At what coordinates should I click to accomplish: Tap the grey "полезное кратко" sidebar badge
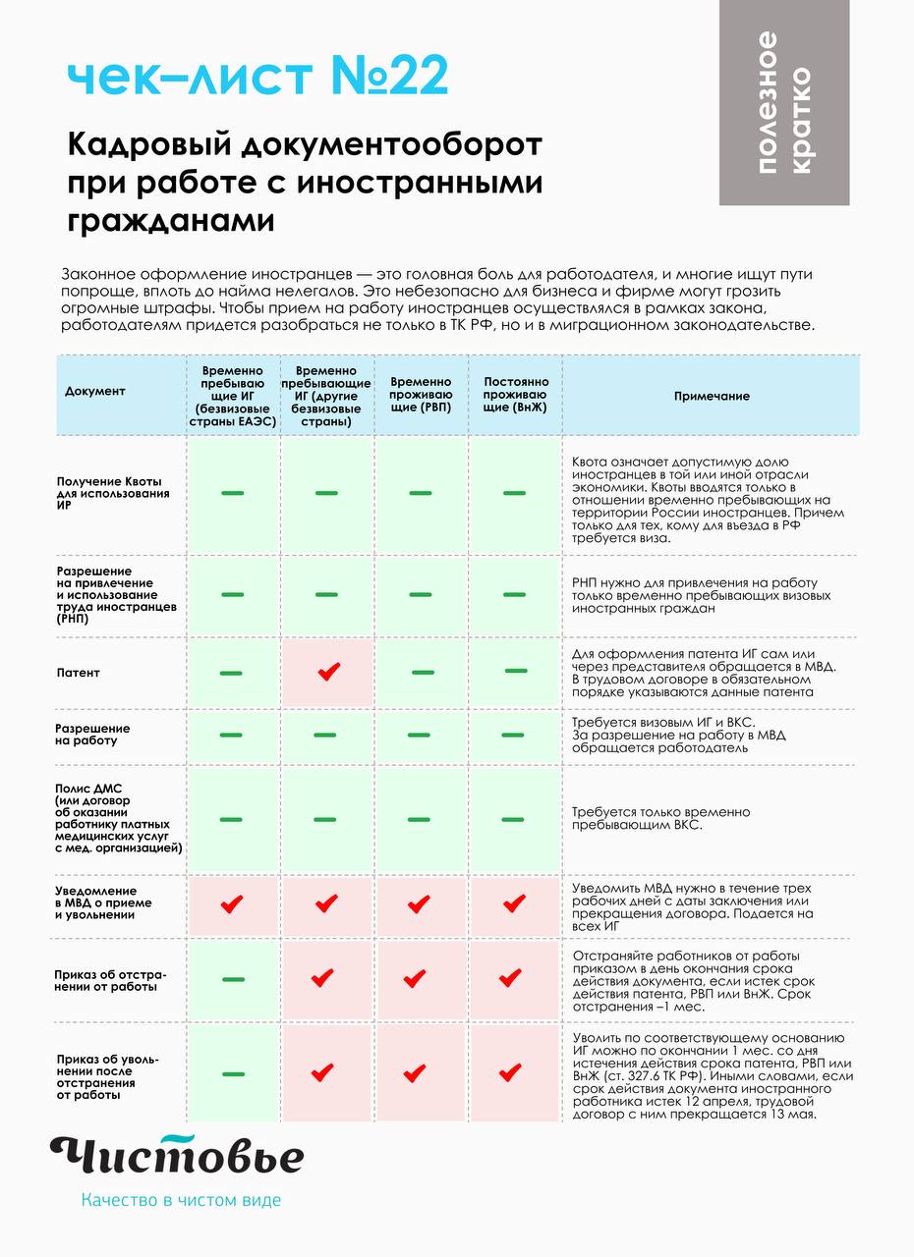coord(784,103)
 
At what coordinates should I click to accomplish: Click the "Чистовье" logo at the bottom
coord(177,1155)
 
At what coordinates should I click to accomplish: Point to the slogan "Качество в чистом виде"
coord(181,1200)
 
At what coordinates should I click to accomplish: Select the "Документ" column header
coord(95,391)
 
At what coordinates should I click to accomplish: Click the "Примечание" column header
coord(712,396)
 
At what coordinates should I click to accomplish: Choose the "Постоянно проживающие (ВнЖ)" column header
coord(515,395)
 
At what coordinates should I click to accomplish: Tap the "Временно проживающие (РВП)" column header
coord(421,395)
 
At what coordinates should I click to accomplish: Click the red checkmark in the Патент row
coord(328,672)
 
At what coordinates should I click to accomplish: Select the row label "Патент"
coord(79,673)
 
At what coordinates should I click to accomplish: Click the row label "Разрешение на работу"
coord(93,735)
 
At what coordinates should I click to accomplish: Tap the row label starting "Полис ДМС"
coord(118,819)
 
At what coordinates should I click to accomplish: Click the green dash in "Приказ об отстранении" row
coord(233,979)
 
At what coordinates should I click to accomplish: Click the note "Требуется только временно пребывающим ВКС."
coord(660,819)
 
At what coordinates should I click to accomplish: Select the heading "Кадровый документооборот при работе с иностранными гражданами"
coord(305,183)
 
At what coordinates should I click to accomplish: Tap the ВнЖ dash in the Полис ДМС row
coord(514,819)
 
